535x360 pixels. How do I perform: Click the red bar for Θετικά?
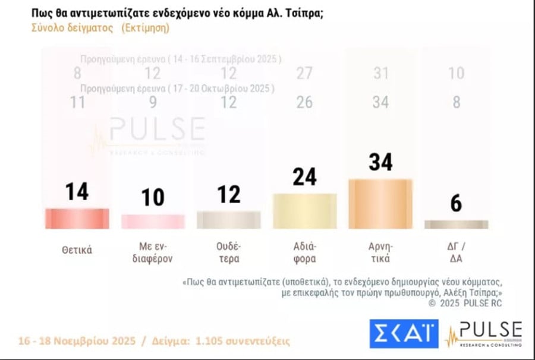point(77,219)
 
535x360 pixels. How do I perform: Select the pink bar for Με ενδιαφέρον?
point(153,222)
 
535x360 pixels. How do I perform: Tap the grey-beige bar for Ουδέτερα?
point(228,220)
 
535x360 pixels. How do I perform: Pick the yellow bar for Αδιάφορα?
point(304,211)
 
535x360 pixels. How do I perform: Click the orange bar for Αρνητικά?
point(380,204)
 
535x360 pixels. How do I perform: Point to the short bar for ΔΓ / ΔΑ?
point(456,225)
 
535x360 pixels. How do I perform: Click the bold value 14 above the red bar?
point(77,192)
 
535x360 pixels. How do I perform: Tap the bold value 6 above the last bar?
point(456,204)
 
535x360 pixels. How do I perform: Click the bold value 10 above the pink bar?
point(153,197)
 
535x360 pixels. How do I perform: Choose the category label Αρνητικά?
point(380,251)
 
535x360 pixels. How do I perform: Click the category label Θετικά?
point(77,250)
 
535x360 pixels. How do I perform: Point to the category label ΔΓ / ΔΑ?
point(456,251)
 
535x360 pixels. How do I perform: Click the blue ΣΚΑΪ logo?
point(404,334)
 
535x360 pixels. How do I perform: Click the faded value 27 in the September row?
point(304,73)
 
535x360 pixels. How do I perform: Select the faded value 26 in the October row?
point(304,102)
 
